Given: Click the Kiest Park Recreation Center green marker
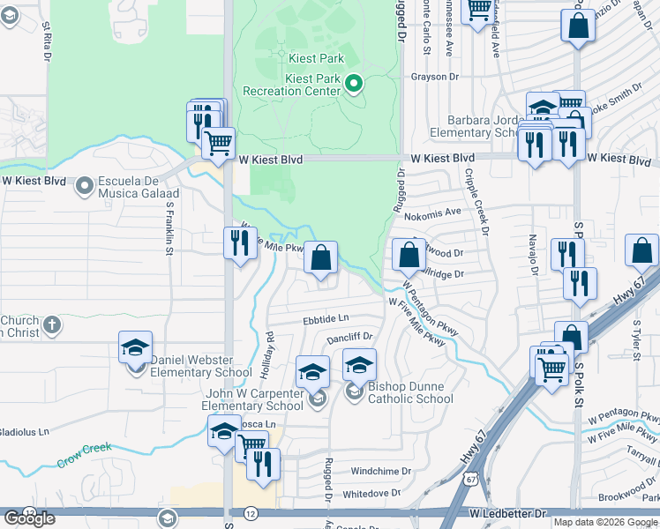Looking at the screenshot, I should point(354,85).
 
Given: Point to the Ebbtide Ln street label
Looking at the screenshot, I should point(326,319).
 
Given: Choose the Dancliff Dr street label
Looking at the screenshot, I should point(350,337).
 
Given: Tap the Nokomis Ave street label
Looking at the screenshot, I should point(440,212).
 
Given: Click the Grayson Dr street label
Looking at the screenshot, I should point(436,77).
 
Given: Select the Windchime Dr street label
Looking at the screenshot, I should point(381,472).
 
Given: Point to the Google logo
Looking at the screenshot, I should point(29,518).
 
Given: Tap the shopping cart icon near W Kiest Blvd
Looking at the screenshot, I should point(218,142).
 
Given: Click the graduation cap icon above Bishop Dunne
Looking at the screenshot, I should point(359,365).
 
